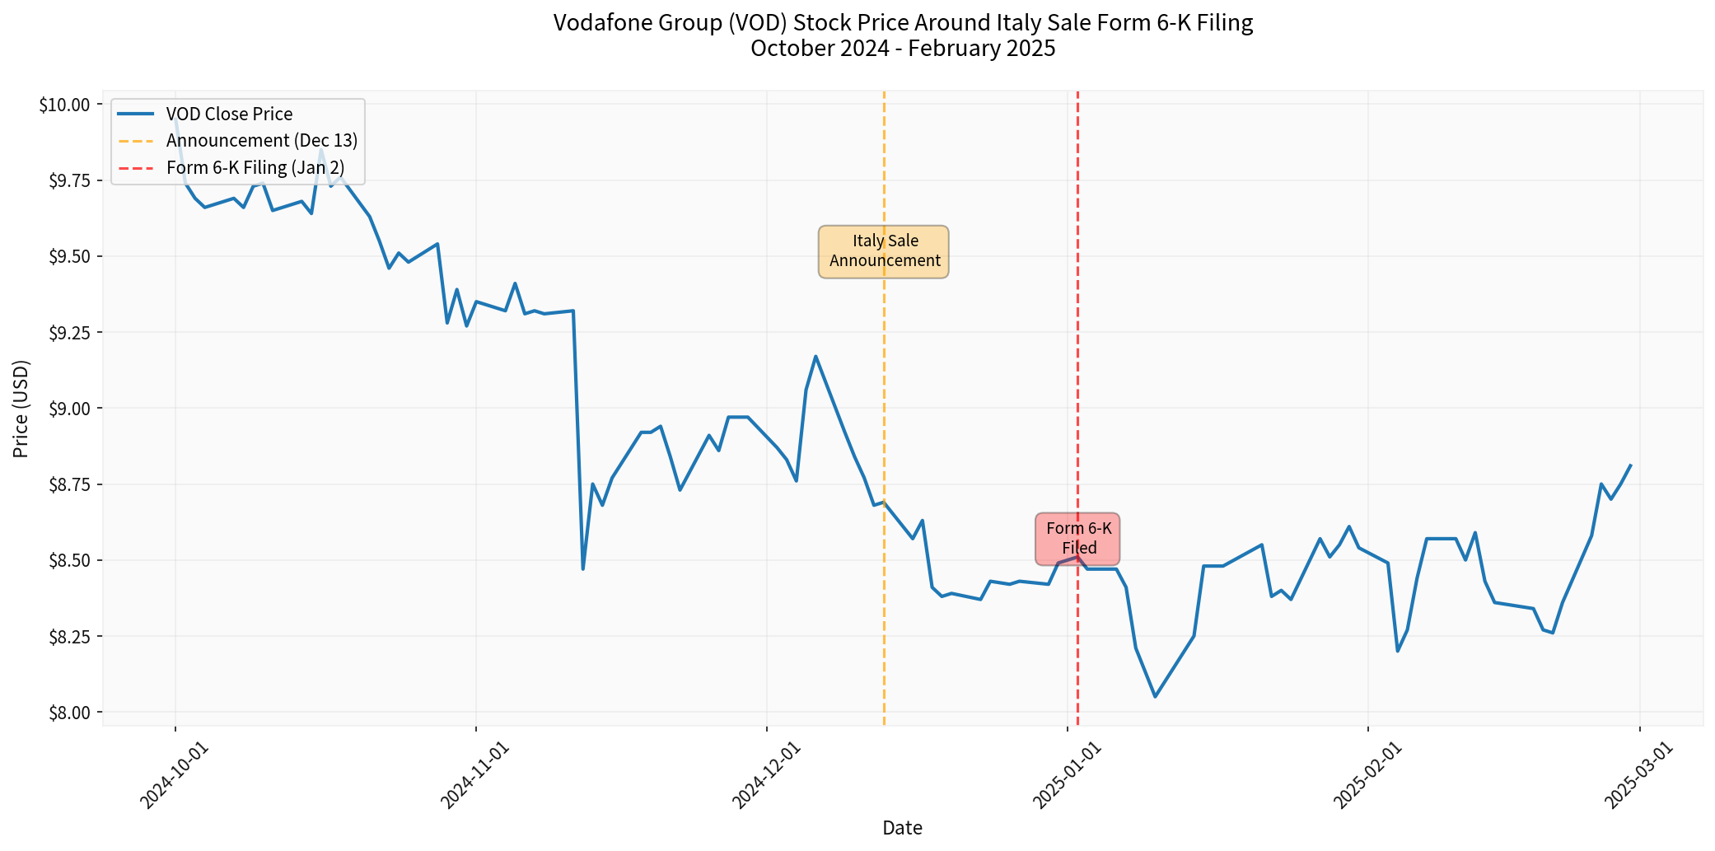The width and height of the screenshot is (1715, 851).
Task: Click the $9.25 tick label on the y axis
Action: click(x=69, y=333)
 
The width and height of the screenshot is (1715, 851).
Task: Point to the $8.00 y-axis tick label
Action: click(x=69, y=713)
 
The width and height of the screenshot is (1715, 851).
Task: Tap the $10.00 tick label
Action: click(x=66, y=105)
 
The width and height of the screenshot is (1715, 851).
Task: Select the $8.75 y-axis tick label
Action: click(x=69, y=484)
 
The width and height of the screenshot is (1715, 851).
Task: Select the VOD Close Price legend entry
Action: click(x=229, y=115)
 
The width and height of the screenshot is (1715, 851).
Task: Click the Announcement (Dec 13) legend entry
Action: click(x=261, y=141)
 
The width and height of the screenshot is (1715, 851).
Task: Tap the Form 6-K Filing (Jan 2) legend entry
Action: click(x=255, y=168)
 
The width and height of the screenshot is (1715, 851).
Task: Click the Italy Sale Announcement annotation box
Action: click(x=884, y=251)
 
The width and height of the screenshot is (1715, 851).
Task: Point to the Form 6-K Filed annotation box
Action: click(x=1078, y=538)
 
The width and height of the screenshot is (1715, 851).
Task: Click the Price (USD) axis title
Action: click(x=21, y=409)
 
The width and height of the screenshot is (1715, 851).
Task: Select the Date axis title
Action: click(x=902, y=828)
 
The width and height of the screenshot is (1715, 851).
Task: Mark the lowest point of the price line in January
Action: click(x=1155, y=697)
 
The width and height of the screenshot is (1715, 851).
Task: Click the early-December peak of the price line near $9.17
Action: click(x=815, y=356)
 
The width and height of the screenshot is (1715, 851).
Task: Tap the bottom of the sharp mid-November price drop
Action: click(x=583, y=569)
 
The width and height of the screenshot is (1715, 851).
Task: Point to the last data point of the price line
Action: click(x=1631, y=465)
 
